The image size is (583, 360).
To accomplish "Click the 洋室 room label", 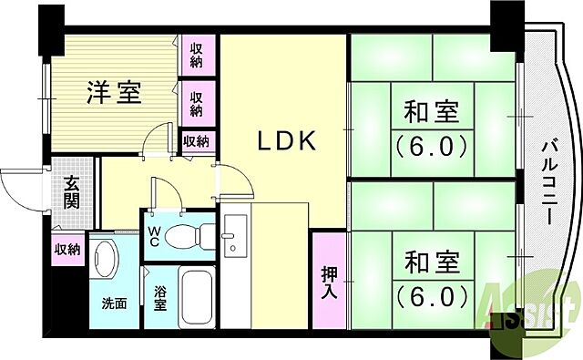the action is (115, 93).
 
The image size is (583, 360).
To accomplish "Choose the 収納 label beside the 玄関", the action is (66, 248).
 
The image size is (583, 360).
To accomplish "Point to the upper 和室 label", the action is (429, 114).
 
